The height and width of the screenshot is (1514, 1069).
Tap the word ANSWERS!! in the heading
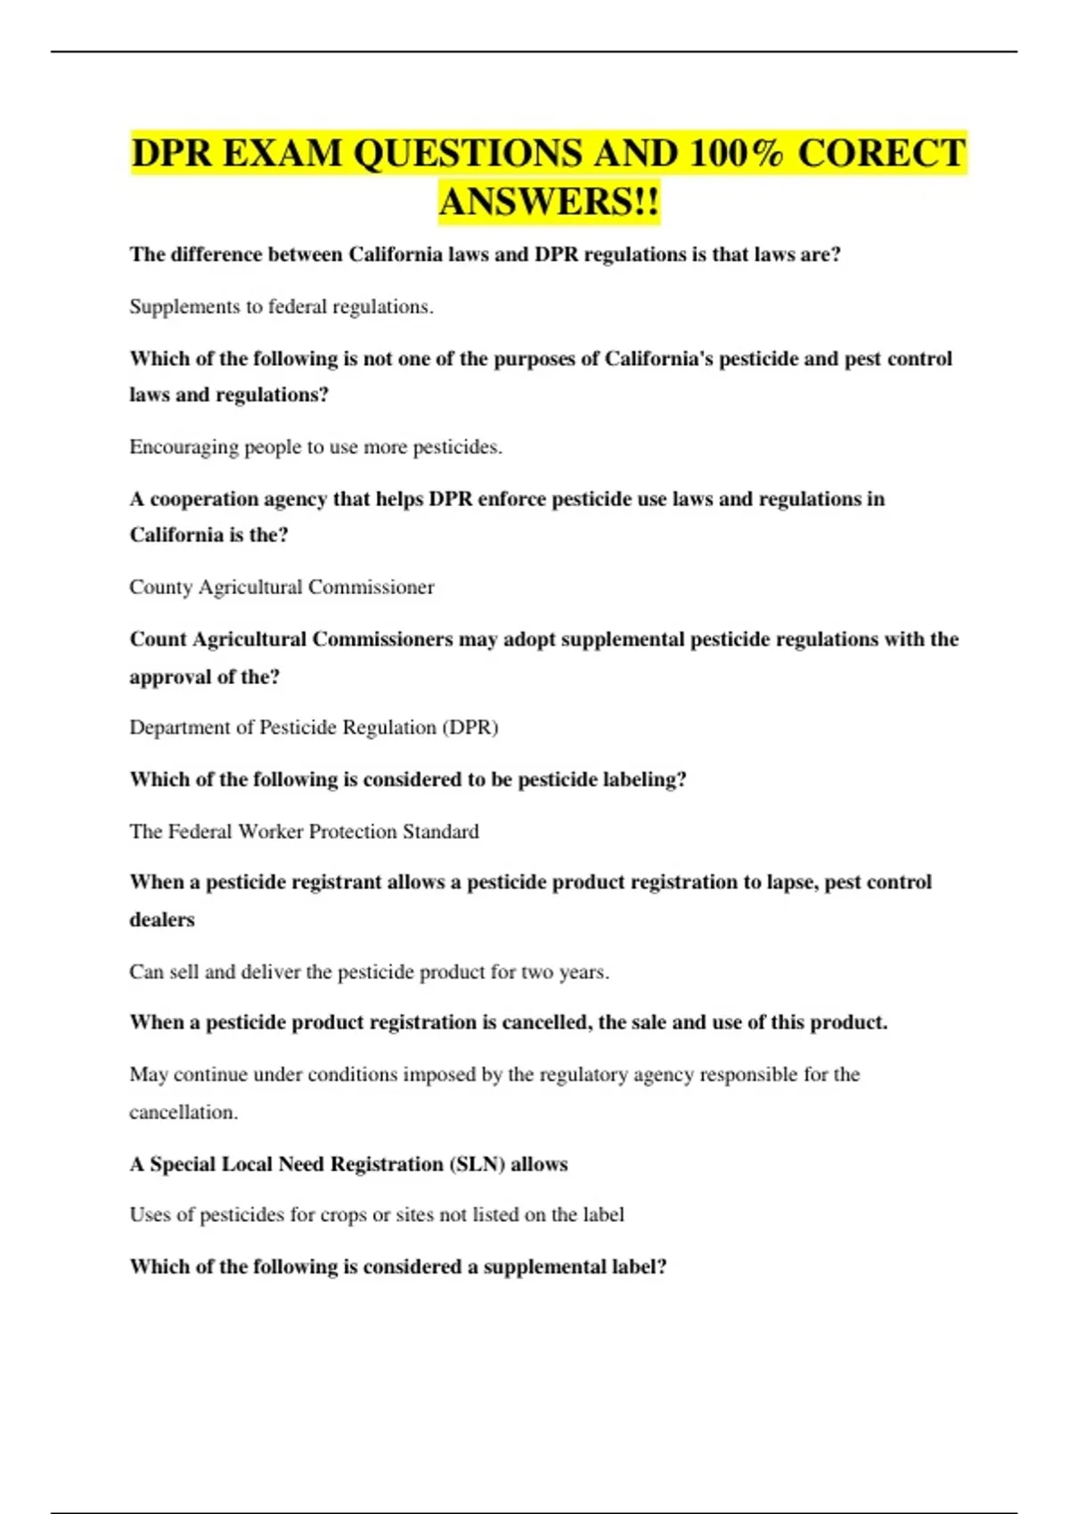pos(549,201)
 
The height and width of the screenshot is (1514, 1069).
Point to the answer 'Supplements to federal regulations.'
pos(282,307)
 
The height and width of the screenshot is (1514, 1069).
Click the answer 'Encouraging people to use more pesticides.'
pos(315,447)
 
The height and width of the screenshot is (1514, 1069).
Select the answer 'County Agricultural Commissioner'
pos(282,588)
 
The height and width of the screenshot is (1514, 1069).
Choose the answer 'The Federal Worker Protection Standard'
pos(304,832)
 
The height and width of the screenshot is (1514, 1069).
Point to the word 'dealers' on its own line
pos(162,920)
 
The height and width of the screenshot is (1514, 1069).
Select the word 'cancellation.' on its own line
pos(184,1112)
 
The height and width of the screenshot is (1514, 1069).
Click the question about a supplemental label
pos(398,1267)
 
